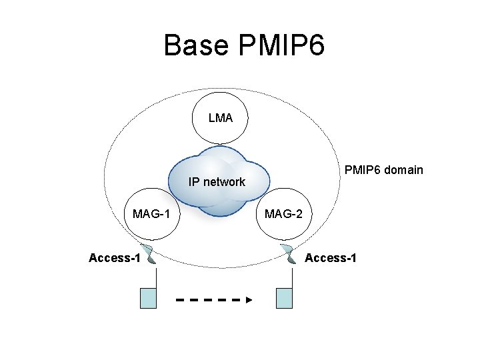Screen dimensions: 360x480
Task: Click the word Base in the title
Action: click(x=194, y=46)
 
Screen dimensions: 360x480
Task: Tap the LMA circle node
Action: click(x=221, y=118)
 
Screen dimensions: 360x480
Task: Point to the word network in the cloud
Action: click(x=225, y=181)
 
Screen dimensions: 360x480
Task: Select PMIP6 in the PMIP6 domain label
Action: click(x=361, y=169)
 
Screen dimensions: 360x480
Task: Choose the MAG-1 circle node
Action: click(x=151, y=215)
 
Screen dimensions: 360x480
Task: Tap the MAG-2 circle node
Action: click(x=283, y=215)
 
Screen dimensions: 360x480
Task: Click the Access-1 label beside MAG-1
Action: click(x=114, y=258)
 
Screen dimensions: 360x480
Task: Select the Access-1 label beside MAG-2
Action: click(x=330, y=258)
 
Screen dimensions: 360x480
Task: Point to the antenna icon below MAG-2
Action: click(x=289, y=255)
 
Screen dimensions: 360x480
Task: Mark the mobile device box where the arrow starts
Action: click(x=148, y=298)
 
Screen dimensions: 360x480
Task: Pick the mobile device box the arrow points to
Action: click(x=284, y=298)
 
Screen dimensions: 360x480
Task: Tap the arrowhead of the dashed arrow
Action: click(x=249, y=300)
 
